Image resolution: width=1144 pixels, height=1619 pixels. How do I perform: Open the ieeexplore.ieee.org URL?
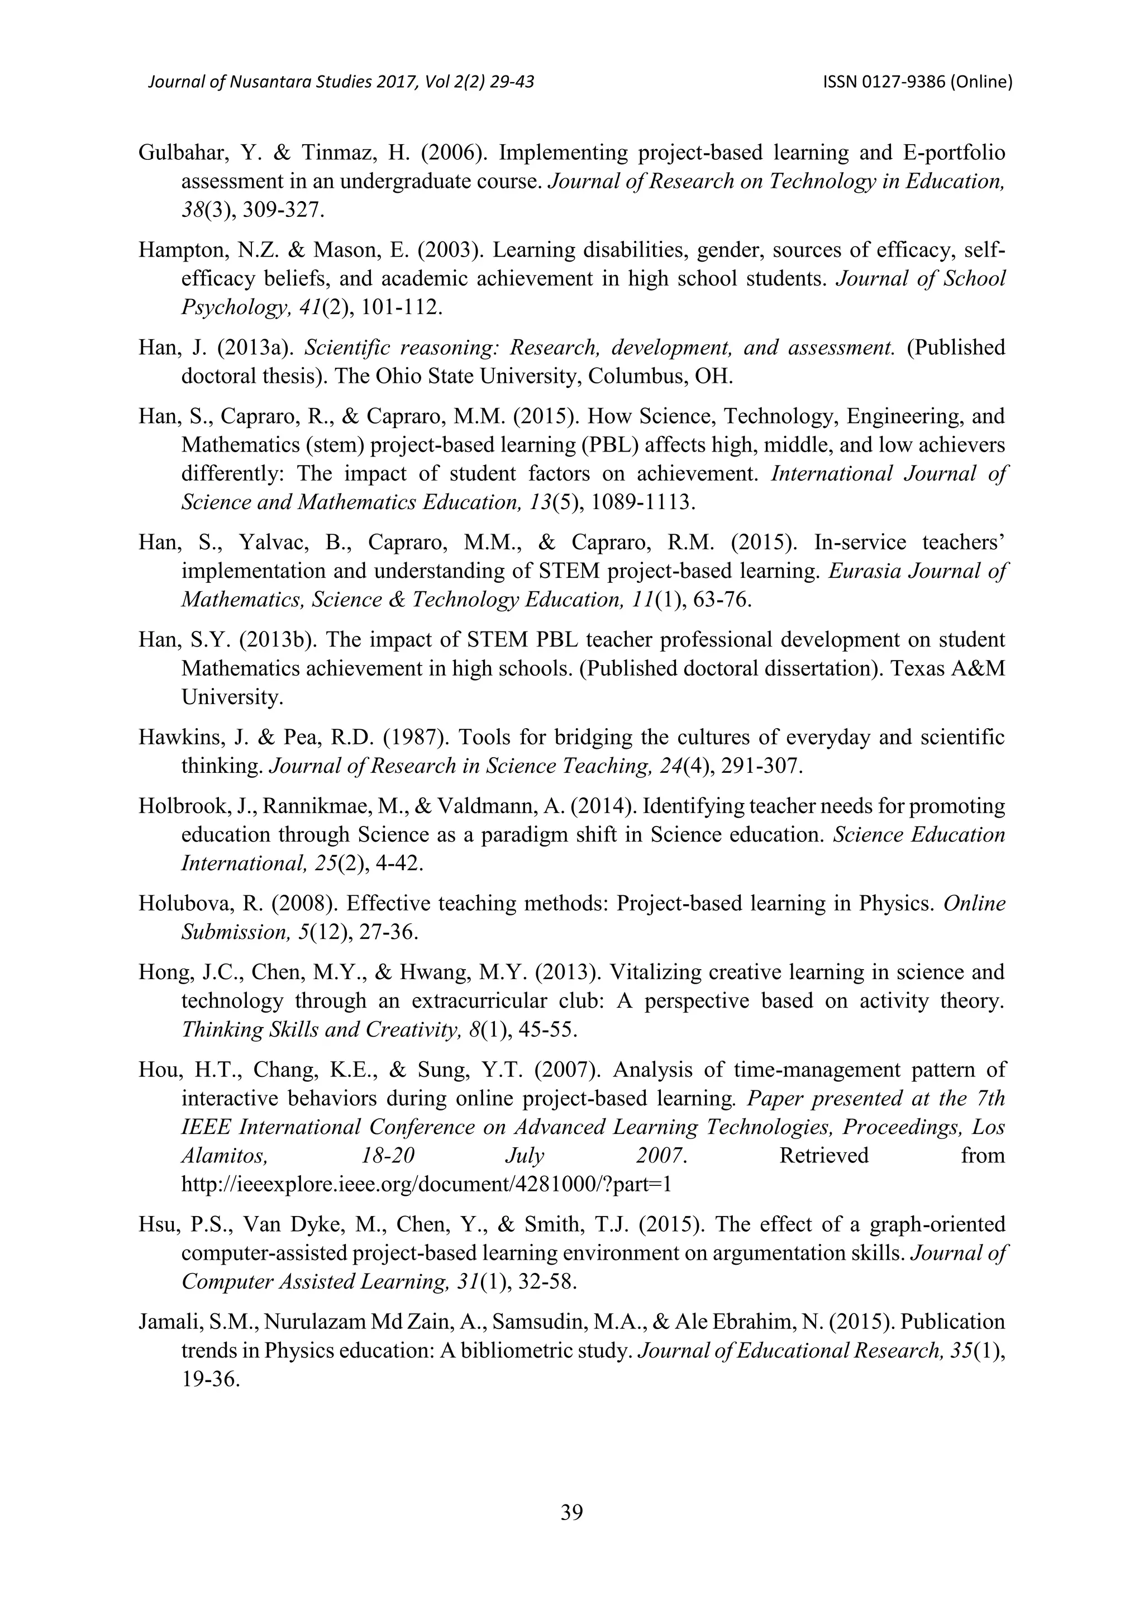426,1185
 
